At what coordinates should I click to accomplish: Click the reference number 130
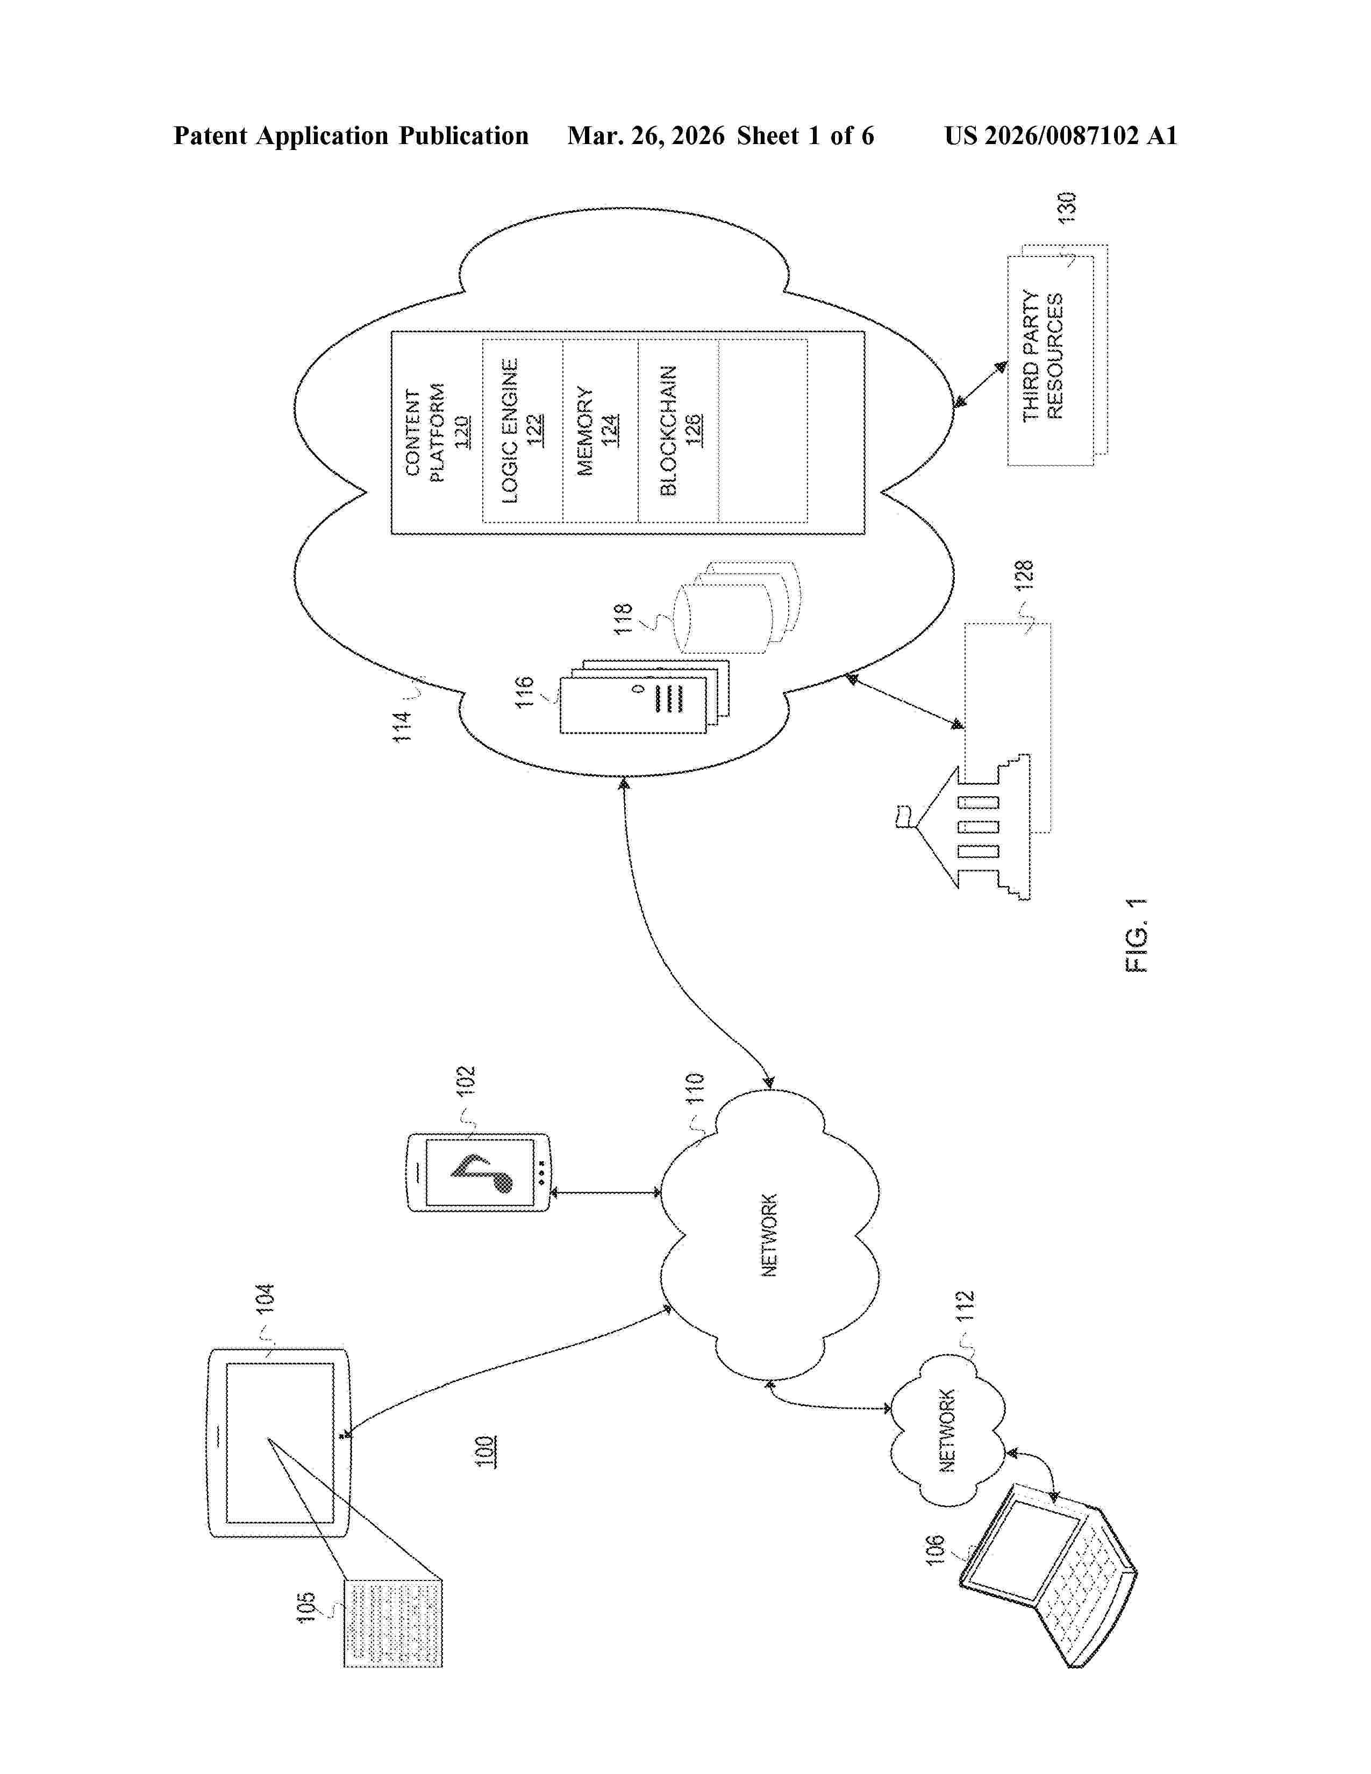point(1067,208)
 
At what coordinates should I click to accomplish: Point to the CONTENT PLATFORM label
point(425,434)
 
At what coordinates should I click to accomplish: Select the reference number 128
point(1024,575)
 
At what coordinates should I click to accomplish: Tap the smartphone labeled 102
point(479,1172)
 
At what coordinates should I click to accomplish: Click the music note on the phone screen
point(484,1172)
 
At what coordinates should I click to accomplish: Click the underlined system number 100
point(485,1451)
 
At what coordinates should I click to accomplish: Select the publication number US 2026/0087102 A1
point(1060,135)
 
